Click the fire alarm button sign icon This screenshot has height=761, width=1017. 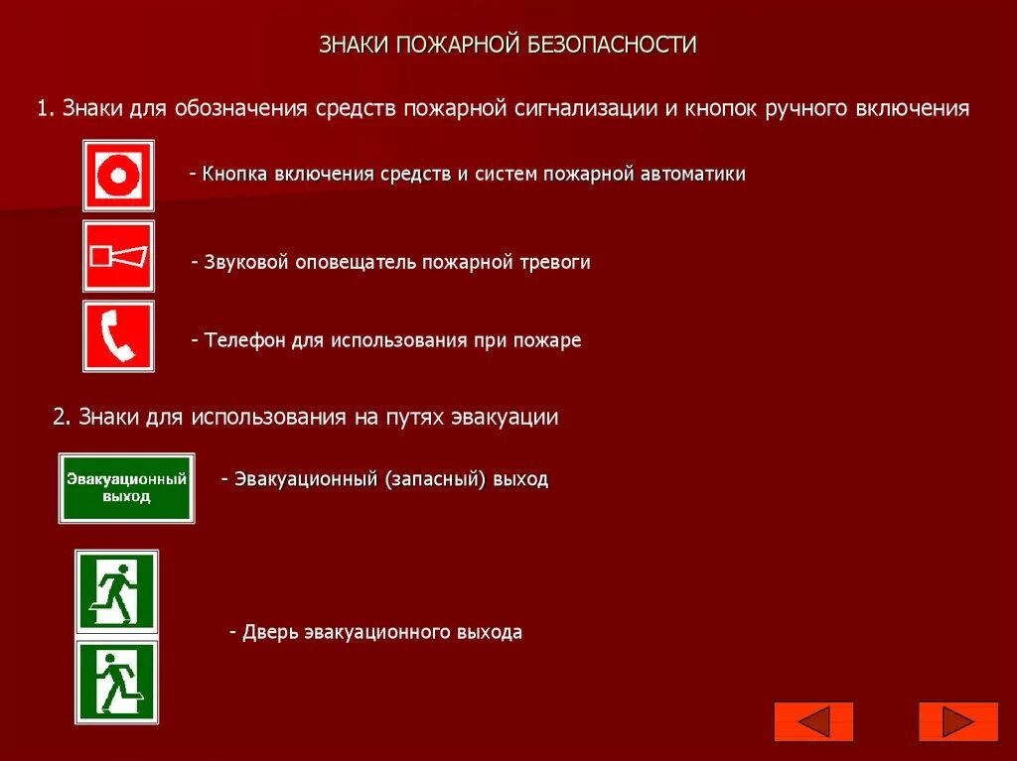[118, 176]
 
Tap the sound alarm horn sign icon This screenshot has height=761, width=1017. [118, 256]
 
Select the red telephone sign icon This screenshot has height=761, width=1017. [118, 336]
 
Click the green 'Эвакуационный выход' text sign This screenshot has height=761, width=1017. [126, 487]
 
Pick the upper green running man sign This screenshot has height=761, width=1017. [117, 591]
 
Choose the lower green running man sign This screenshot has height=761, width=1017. [117, 682]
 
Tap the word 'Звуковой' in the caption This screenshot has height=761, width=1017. [246, 262]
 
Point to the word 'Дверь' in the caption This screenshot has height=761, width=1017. [270, 632]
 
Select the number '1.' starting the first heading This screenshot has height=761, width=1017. [46, 108]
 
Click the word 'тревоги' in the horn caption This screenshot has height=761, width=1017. [554, 262]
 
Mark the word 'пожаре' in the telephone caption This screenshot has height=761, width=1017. [547, 340]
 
